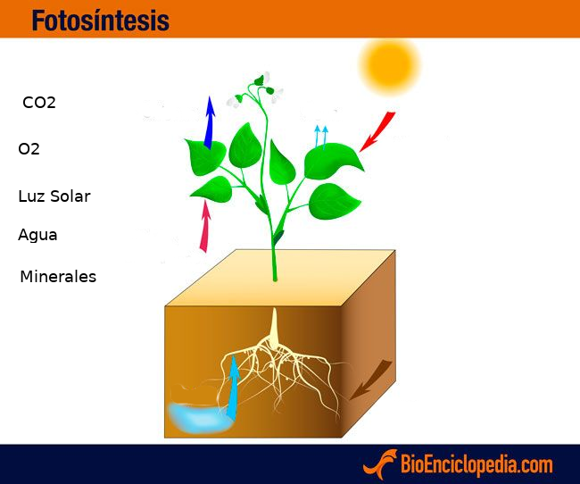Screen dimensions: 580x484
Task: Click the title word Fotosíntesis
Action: coord(101,20)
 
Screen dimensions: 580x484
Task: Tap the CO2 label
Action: coord(39,103)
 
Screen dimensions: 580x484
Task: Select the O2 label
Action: coord(29,149)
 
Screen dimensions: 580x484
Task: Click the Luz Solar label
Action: coord(54,196)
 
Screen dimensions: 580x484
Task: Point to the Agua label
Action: coord(37,235)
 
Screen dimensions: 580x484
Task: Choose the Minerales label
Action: coord(58,277)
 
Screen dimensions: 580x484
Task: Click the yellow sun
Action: coord(390,65)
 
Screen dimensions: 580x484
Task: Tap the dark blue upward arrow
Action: coord(210,122)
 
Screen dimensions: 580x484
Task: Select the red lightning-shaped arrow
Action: coord(377,131)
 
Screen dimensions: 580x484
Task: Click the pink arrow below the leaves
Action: coord(205,226)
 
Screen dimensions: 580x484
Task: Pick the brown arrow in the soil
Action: coord(370,380)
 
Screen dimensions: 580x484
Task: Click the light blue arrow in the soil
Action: coord(234,387)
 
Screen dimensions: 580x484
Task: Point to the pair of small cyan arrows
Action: coord(320,137)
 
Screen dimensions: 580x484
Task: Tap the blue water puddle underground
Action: coord(200,418)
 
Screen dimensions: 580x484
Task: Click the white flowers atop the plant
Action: coord(255,91)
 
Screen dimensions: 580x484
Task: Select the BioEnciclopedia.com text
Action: coord(476,464)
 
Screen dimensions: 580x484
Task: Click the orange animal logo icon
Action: coord(380,464)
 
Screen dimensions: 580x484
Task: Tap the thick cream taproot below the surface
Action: coord(274,328)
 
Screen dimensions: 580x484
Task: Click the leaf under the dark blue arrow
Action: coord(205,156)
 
